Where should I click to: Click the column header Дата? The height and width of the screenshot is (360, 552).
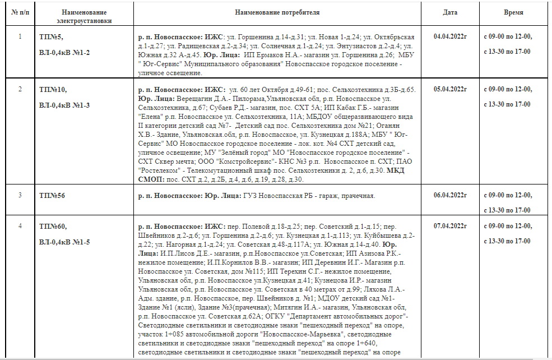click(x=449, y=12)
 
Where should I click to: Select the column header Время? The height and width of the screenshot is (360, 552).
click(x=513, y=12)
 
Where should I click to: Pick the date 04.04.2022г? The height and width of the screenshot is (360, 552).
click(x=450, y=37)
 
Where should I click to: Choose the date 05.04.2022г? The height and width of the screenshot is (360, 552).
click(x=450, y=89)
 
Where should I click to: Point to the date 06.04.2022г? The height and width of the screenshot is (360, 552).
click(x=450, y=195)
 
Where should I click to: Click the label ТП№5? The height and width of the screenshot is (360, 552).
click(x=52, y=37)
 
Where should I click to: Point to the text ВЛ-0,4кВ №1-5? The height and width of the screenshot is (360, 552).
click(x=64, y=242)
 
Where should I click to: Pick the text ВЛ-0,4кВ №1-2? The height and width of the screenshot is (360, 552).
click(x=64, y=52)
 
